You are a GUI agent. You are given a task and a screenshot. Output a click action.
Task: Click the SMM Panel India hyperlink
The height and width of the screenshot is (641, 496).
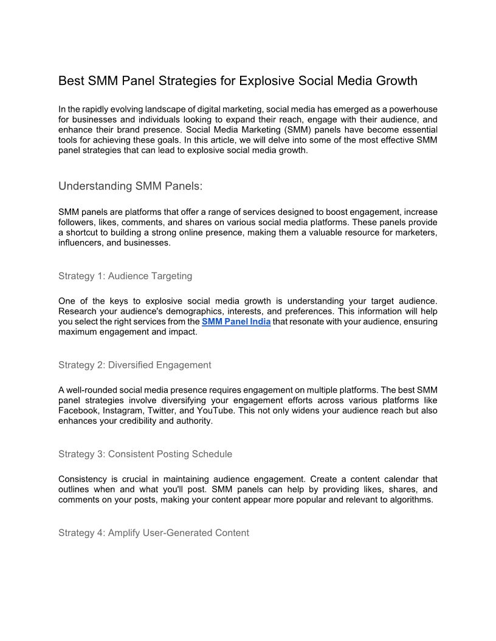pos(236,322)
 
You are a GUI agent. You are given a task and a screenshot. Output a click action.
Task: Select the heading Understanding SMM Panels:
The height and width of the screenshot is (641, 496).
pos(130,186)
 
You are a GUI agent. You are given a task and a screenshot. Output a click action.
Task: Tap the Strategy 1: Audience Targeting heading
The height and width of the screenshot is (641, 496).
pos(125,276)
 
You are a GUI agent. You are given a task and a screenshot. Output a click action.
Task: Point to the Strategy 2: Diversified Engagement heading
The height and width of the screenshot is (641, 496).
pos(135,365)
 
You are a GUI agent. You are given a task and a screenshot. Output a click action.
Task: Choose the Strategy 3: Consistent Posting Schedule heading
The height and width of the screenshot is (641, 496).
pos(145,454)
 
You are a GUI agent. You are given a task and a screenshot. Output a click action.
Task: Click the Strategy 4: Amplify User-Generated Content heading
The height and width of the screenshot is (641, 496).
pos(154,533)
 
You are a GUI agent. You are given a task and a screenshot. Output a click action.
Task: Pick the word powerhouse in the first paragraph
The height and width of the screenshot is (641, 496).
pos(412,109)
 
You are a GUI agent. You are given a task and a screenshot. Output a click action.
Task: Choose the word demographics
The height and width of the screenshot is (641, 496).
pos(198,311)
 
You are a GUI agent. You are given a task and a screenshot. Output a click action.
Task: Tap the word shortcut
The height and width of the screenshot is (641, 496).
pos(85,233)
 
